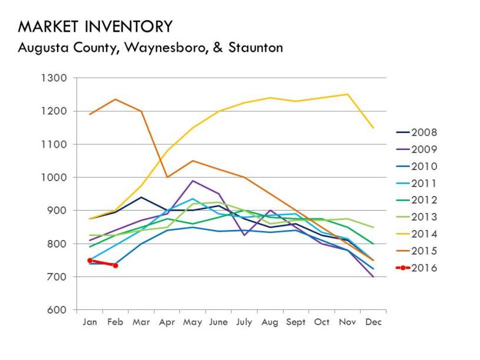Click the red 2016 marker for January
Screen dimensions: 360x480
[90, 260]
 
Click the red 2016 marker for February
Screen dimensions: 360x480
[115, 265]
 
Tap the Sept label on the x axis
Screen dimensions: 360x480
[296, 322]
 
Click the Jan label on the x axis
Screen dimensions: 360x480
[89, 322]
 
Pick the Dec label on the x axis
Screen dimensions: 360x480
[373, 322]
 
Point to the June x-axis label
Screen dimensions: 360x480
[218, 322]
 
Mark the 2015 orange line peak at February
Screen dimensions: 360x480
[115, 99]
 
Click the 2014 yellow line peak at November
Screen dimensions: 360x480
[347, 94]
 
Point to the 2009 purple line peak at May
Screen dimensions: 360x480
[192, 181]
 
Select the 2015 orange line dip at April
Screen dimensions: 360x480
[167, 177]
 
